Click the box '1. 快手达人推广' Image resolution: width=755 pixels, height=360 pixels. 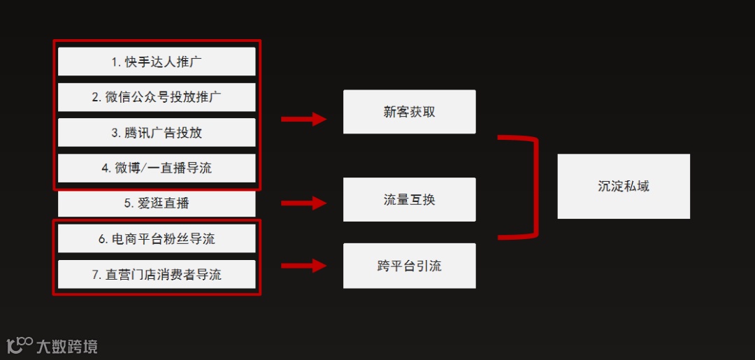click(157, 62)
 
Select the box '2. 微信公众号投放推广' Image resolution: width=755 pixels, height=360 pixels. click(157, 97)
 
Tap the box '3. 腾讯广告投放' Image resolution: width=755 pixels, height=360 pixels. click(157, 133)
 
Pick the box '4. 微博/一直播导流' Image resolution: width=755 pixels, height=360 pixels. click(157, 168)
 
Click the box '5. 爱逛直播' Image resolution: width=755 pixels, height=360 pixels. click(157, 203)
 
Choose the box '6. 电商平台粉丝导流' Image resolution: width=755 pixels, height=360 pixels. click(157, 239)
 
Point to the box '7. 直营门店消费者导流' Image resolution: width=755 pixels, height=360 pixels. click(157, 275)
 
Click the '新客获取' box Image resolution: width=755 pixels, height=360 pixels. click(409, 112)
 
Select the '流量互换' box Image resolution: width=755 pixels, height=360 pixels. click(409, 200)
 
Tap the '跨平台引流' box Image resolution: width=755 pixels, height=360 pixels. click(409, 266)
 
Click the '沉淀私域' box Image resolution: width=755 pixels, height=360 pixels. click(624, 187)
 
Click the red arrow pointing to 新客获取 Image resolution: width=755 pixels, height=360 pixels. click(303, 120)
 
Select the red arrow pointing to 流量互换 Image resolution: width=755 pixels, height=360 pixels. click(303, 203)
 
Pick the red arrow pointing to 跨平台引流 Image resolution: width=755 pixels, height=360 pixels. click(303, 266)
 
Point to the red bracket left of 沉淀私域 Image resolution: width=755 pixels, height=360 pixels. click(535, 187)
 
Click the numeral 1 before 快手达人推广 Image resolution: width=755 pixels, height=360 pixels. click(115, 62)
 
